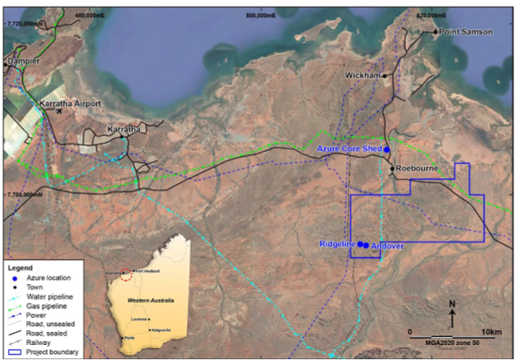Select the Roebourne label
click(418, 169)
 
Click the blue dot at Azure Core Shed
click(388, 149)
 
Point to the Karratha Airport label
click(69, 104)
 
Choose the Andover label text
click(387, 246)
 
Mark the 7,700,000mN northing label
click(25, 194)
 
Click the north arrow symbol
click(452, 315)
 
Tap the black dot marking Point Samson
click(435, 32)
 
